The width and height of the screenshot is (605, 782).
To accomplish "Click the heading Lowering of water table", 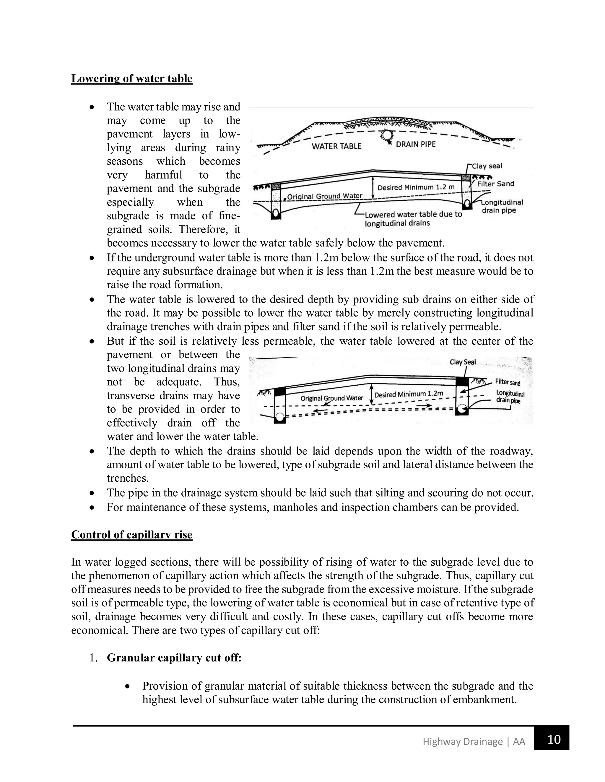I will [131, 78].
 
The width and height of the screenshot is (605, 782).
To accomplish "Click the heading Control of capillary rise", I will [131, 535].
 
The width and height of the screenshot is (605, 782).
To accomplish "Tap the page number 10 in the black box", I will [554, 740].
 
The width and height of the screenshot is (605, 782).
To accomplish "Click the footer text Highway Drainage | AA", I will [474, 741].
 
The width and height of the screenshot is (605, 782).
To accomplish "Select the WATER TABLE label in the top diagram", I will [336, 146].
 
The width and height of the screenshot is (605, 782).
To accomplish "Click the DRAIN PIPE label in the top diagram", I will [415, 144].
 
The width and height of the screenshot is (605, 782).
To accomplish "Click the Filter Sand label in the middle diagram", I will [495, 184].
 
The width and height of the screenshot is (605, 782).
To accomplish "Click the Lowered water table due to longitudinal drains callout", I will [413, 219].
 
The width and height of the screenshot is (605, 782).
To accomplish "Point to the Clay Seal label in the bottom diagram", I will [462, 362].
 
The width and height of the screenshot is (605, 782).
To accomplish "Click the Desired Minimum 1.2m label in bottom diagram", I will [409, 394].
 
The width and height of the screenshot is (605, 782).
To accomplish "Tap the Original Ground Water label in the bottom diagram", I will [331, 398].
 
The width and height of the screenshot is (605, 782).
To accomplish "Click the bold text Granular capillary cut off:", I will [174, 658].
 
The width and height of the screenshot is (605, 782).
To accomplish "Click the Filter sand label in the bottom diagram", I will [508, 382].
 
